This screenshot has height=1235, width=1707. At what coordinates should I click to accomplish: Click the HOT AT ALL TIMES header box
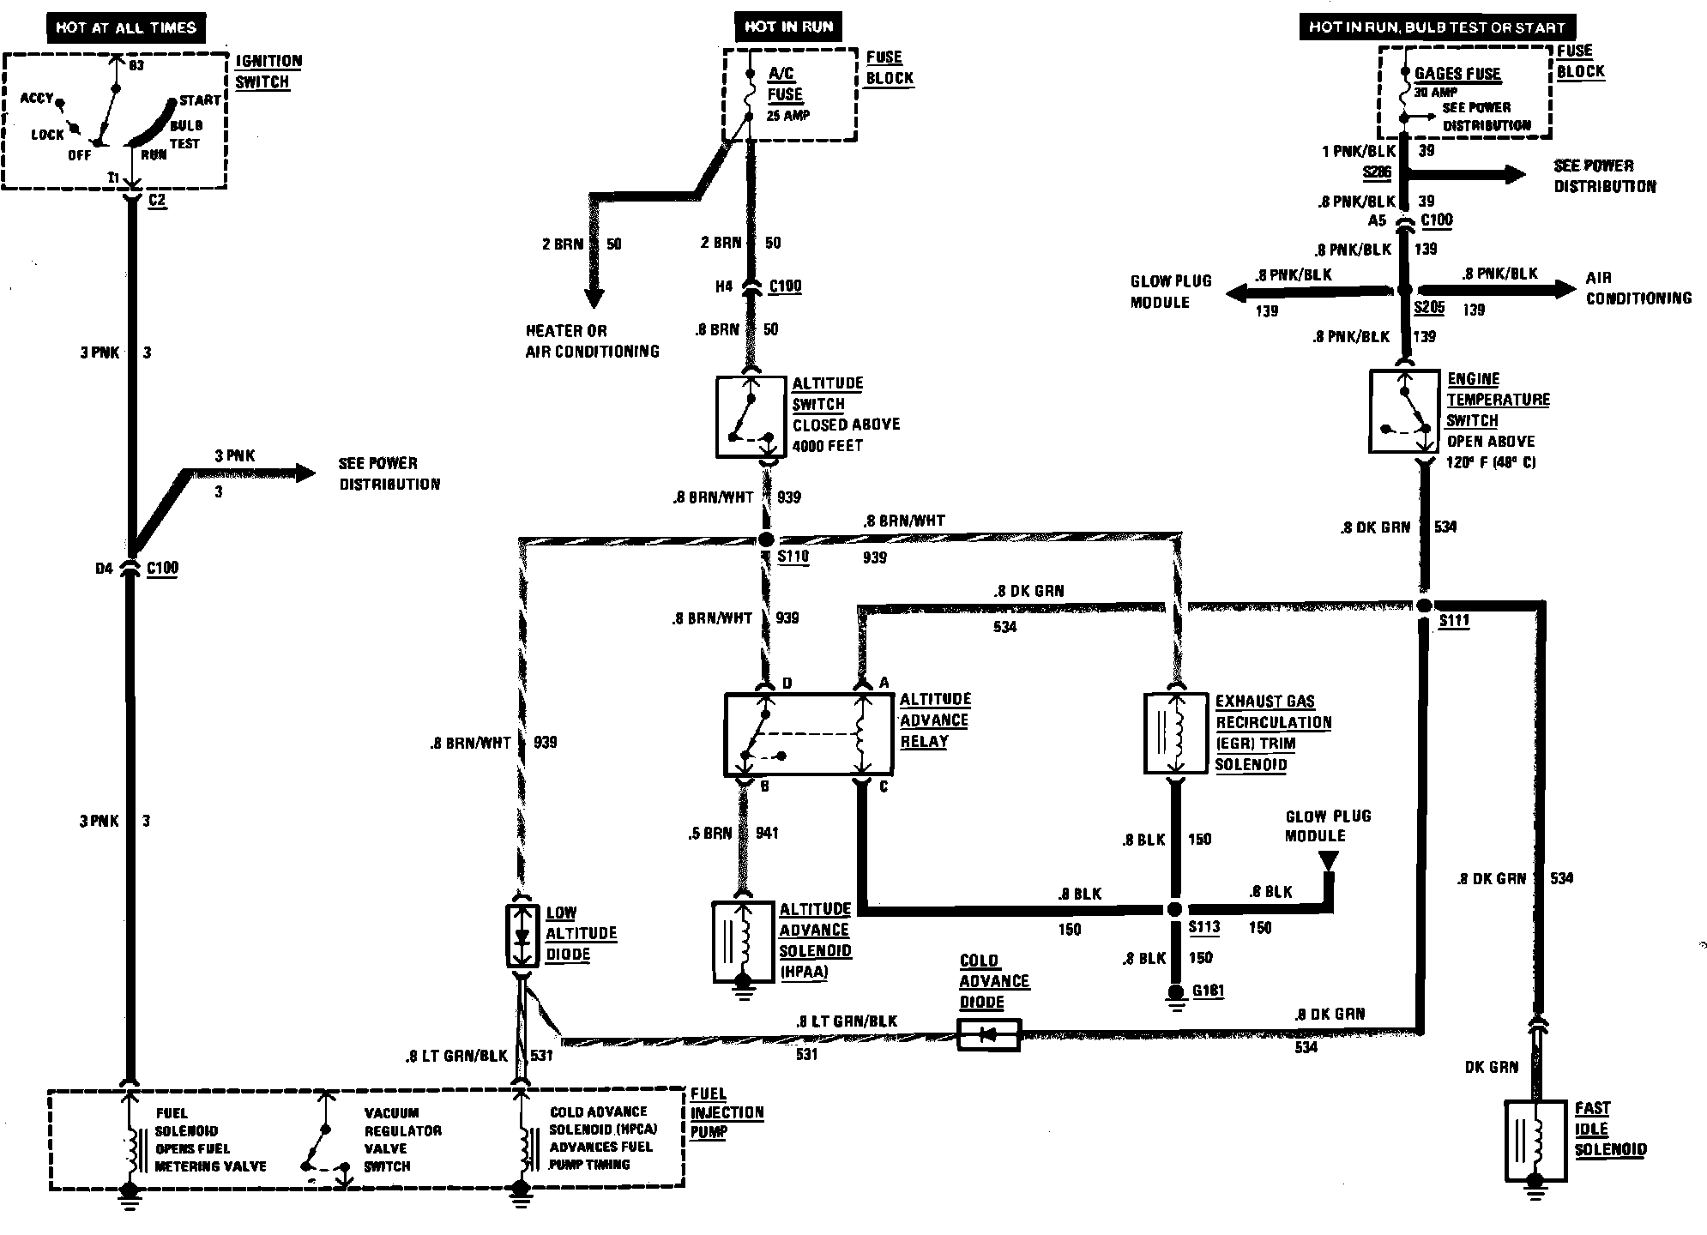pyautogui.click(x=126, y=27)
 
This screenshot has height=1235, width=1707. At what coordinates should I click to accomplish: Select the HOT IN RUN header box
pyautogui.click(x=788, y=27)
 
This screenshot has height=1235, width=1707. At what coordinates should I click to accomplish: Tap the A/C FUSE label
pyautogui.click(x=785, y=84)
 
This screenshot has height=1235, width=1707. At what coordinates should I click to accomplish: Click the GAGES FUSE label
pyautogui.click(x=1457, y=74)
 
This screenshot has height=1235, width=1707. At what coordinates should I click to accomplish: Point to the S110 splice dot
pyautogui.click(x=766, y=539)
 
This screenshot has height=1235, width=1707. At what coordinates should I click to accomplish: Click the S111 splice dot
pyautogui.click(x=1424, y=605)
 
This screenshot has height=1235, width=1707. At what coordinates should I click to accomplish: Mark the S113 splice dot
pyautogui.click(x=1175, y=909)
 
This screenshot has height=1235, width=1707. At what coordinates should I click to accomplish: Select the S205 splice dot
pyautogui.click(x=1404, y=292)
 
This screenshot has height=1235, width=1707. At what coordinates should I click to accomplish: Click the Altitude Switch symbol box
pyautogui.click(x=751, y=416)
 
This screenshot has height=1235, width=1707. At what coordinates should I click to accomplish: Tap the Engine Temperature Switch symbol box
pyautogui.click(x=1404, y=412)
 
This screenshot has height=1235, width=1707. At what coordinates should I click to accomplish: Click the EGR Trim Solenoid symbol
pyautogui.click(x=1175, y=733)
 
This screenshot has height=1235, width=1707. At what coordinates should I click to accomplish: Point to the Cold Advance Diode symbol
pyautogui.click(x=988, y=1035)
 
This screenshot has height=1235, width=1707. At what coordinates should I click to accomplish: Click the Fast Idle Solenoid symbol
pyautogui.click(x=1535, y=1141)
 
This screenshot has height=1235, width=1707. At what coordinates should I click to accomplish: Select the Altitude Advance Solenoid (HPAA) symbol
pyautogui.click(x=743, y=941)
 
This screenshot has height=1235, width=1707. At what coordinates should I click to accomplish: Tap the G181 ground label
pyautogui.click(x=1209, y=991)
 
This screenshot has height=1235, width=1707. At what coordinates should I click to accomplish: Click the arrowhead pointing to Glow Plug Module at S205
pyautogui.click(x=1235, y=294)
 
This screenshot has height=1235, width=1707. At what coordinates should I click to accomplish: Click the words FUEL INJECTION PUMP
pyautogui.click(x=727, y=1113)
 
